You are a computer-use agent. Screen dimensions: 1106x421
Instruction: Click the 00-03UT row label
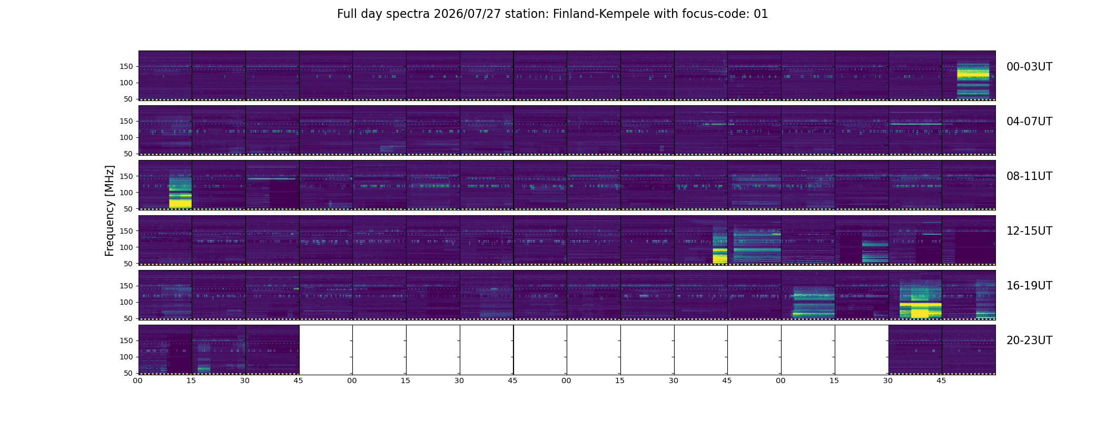click(x=1029, y=67)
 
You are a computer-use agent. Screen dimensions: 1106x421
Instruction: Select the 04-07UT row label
click(x=1029, y=122)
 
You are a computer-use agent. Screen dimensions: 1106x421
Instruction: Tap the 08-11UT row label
click(x=1029, y=176)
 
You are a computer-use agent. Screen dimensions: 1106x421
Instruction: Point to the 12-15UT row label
click(x=1029, y=231)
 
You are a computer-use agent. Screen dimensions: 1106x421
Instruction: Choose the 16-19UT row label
click(x=1029, y=286)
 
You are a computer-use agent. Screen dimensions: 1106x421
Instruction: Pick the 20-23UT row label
click(x=1029, y=340)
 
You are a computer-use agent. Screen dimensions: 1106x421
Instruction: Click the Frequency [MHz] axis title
click(x=110, y=210)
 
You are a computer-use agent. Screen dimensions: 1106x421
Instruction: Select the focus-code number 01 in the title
click(x=761, y=14)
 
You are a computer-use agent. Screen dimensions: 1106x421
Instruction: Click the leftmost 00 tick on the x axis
click(x=138, y=380)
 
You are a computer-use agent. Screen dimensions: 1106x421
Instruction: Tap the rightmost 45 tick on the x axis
click(x=942, y=380)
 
